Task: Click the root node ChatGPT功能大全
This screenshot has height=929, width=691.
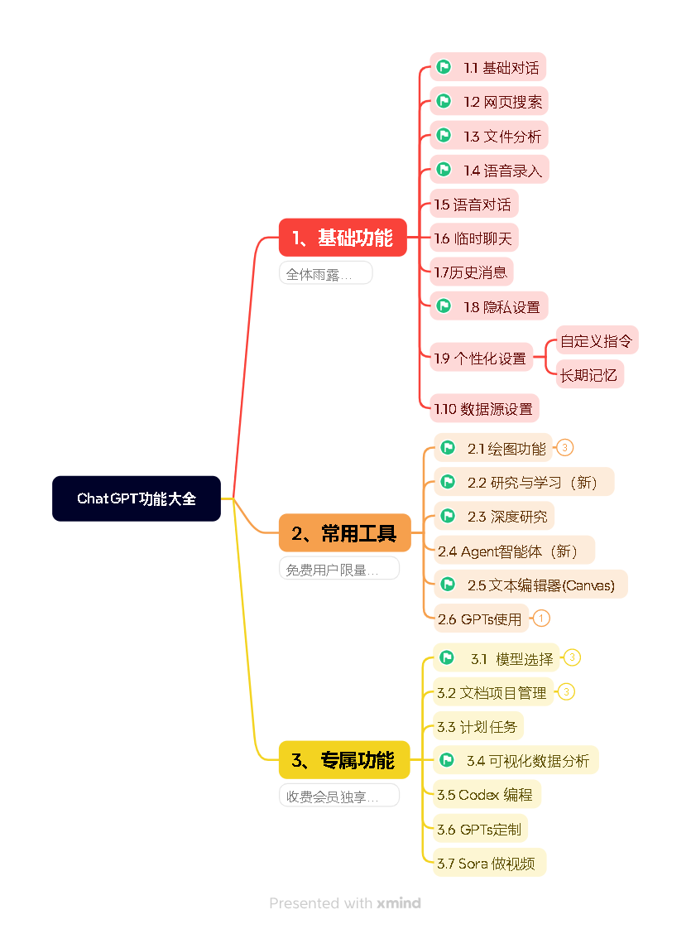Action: click(137, 498)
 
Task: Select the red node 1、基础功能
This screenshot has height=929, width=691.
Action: click(343, 238)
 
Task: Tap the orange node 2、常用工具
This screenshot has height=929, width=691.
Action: click(344, 533)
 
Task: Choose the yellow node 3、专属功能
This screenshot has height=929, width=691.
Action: click(343, 759)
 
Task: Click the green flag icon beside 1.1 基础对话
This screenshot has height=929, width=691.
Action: click(444, 67)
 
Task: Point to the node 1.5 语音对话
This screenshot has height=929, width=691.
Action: click(473, 204)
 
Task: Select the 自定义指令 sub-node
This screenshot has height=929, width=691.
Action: click(596, 340)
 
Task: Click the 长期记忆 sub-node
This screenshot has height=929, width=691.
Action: click(588, 374)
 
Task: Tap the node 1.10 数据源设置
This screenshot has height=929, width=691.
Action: click(483, 408)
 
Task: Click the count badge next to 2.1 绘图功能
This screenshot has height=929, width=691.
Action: click(564, 448)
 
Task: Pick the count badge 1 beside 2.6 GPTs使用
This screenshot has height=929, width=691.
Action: click(541, 619)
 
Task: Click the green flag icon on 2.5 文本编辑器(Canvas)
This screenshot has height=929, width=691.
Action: click(448, 585)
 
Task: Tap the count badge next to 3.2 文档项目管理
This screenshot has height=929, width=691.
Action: click(566, 691)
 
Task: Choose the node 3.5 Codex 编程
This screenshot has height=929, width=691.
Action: click(486, 794)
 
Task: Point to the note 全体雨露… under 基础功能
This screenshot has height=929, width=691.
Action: click(325, 274)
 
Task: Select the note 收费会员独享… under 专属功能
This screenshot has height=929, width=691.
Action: click(338, 797)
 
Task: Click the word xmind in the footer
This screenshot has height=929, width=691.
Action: click(399, 903)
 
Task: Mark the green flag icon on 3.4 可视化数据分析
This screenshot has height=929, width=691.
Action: click(447, 760)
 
